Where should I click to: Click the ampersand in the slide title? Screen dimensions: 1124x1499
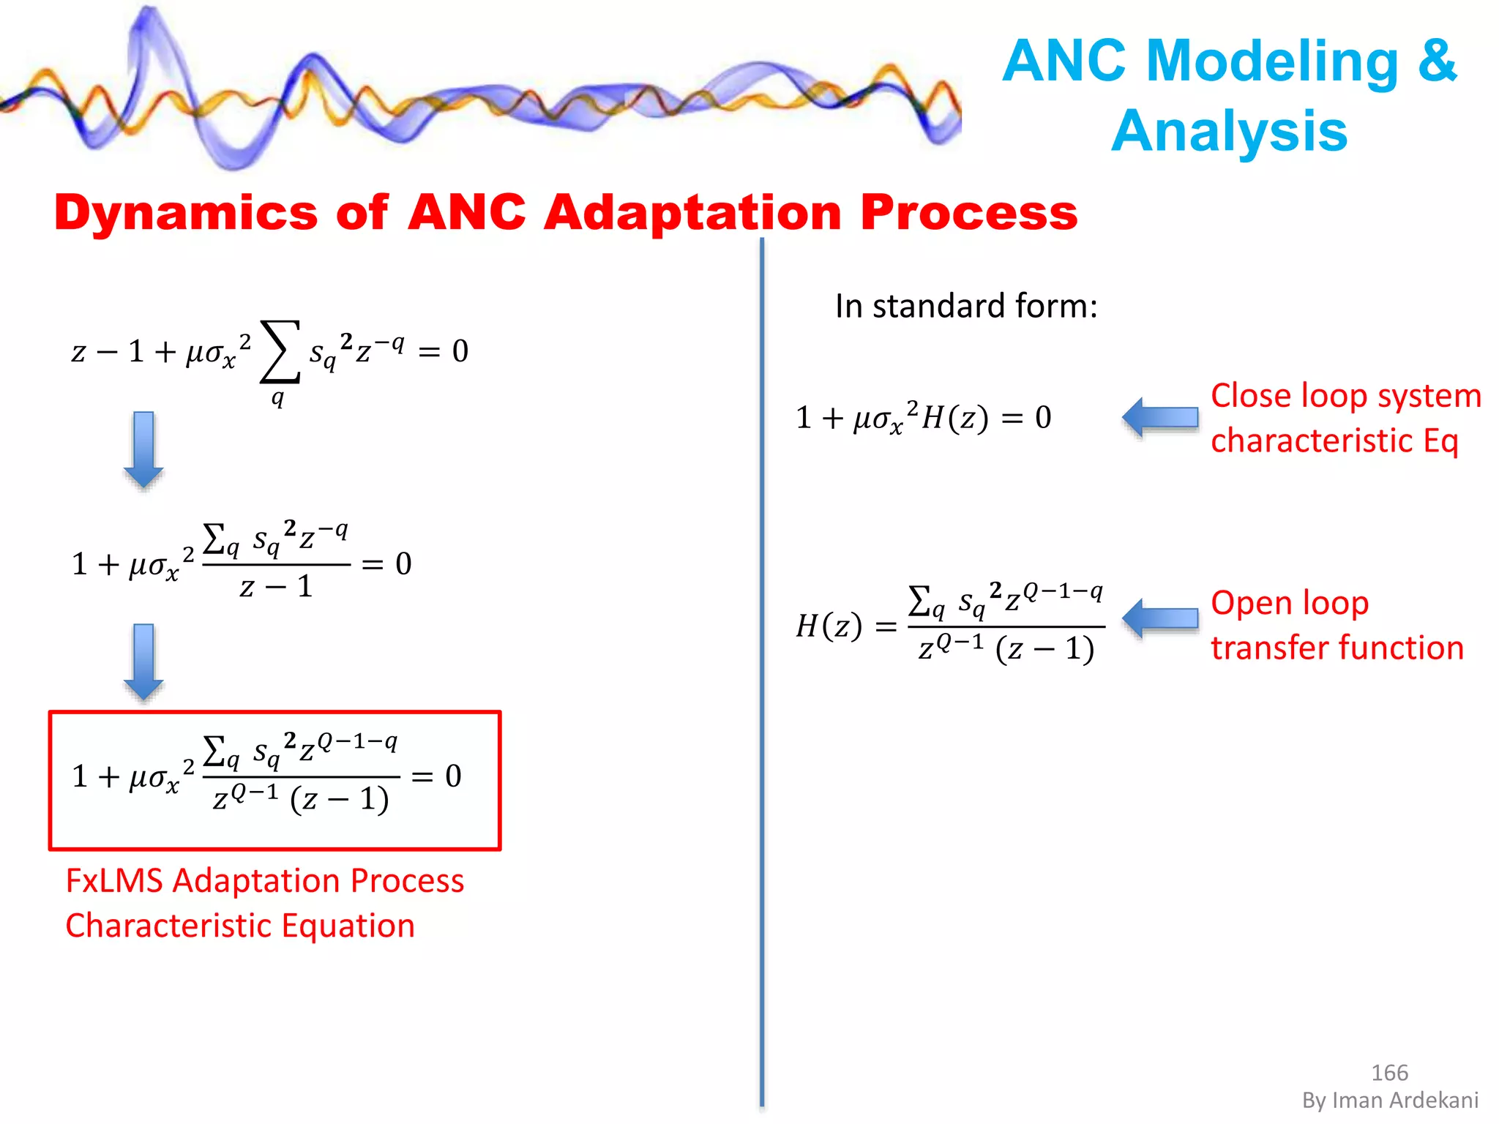pos(1437,61)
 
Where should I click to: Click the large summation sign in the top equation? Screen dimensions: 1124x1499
pos(280,352)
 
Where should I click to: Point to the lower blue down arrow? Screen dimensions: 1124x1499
pos(143,662)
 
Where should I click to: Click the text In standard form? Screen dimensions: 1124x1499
pos(966,306)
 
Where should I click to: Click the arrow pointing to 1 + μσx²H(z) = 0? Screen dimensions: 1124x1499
pos(1160,418)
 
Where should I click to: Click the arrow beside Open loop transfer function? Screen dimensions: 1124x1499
pos(1160,619)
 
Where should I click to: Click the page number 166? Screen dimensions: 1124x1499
pos(1388,1073)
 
